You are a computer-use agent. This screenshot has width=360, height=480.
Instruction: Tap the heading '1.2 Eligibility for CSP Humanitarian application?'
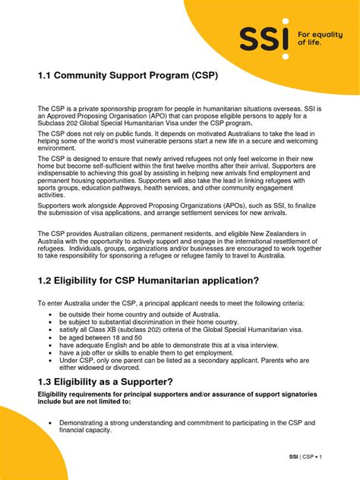(148, 281)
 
